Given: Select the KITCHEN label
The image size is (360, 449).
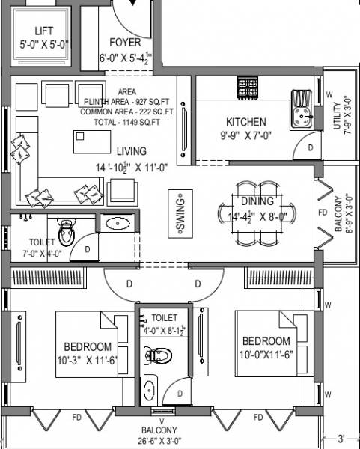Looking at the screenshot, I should pyautogui.click(x=246, y=122).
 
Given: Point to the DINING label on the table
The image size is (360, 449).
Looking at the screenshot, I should pyautogui.click(x=257, y=201).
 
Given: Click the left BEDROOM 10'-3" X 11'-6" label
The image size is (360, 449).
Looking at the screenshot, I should pyautogui.click(x=88, y=346).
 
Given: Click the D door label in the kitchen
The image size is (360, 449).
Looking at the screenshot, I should pyautogui.click(x=311, y=148).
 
